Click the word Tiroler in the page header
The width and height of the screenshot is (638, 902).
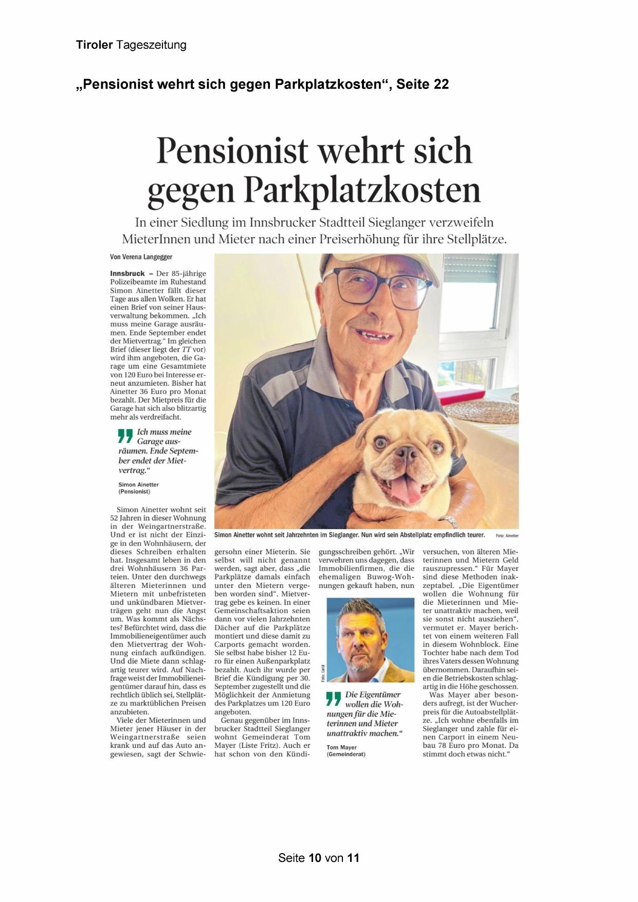[x=94, y=45]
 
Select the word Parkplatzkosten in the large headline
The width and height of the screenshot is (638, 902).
[x=362, y=191]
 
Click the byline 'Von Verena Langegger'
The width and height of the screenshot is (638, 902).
[x=141, y=257]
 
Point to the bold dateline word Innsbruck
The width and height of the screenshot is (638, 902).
[x=127, y=274]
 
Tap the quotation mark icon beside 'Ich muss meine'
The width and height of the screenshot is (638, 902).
[x=125, y=436]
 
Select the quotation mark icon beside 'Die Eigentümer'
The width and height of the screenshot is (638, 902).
[x=334, y=699]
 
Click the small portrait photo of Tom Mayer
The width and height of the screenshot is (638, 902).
[x=370, y=640]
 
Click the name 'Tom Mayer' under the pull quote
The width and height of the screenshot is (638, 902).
[x=341, y=747]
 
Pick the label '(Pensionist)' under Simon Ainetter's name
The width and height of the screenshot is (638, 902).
[x=134, y=492]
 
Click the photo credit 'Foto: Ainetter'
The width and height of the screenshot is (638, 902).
[x=507, y=535]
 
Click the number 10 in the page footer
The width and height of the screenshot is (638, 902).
[x=315, y=858]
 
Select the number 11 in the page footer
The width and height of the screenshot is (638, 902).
[x=353, y=858]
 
